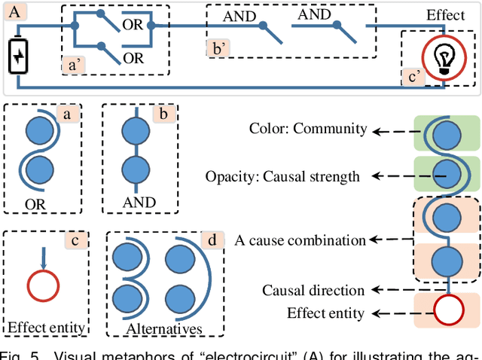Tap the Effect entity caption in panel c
tap(44, 327)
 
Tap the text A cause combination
tap(300, 240)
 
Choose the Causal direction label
tap(314, 289)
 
